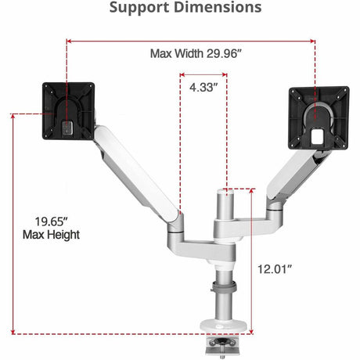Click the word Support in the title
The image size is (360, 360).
(x=139, y=9)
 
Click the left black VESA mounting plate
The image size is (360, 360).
(x=68, y=111)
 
